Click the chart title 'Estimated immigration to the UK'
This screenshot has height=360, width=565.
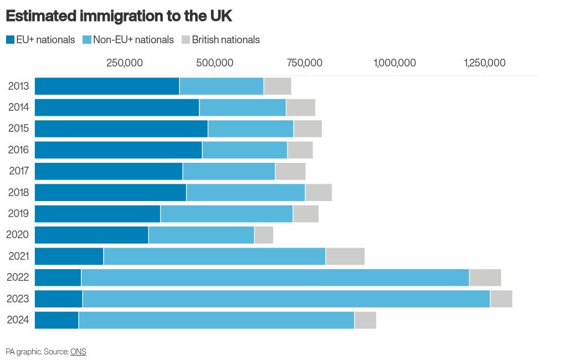[119, 16]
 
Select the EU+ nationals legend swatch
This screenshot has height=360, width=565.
[10, 40]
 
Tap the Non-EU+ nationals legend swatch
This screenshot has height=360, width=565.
[87, 40]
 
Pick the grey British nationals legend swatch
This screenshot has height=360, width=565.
[186, 40]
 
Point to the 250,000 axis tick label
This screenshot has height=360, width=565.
[125, 63]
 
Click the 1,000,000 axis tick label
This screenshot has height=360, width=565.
[395, 63]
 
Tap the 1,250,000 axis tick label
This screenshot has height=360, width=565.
[485, 63]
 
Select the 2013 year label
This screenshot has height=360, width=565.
[18, 86]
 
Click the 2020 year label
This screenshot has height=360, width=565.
[17, 235]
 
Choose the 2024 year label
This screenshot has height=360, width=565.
[18, 320]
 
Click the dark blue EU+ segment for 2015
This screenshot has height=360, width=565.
[121, 128]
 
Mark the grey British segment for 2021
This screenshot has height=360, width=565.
[345, 256]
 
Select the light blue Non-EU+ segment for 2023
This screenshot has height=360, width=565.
[286, 299]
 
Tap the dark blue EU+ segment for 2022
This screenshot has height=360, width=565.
[58, 277]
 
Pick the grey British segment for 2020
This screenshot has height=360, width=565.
[264, 235]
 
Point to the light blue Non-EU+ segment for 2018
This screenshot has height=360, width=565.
[246, 192]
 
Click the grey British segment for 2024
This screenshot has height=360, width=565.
[366, 320]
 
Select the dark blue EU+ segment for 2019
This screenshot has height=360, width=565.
[97, 214]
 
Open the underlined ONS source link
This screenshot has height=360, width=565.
[78, 352]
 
